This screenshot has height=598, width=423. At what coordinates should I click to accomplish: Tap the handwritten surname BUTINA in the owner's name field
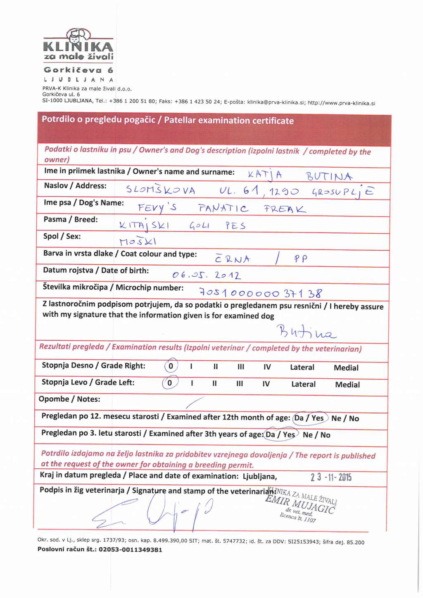(x=329, y=177)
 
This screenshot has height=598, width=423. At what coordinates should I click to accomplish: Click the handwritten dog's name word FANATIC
(x=223, y=208)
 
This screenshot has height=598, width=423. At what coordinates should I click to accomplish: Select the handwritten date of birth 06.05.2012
(x=206, y=275)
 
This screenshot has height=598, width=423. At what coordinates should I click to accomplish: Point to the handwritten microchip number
(x=261, y=293)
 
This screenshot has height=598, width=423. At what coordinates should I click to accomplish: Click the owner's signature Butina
(x=306, y=332)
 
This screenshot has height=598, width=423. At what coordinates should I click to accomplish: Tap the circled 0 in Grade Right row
(x=171, y=366)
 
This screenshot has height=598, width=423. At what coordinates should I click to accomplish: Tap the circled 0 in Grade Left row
(x=170, y=383)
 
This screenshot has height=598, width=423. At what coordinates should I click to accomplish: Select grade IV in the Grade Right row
(x=267, y=367)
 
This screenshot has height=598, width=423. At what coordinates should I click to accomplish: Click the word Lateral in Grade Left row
(x=303, y=384)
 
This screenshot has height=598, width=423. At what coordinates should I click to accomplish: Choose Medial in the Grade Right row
(x=346, y=368)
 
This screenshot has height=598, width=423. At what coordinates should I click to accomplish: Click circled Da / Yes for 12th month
(x=309, y=418)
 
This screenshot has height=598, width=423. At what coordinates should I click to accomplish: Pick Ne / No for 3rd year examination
(x=316, y=435)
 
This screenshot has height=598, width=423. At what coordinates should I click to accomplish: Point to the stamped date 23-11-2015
(x=331, y=477)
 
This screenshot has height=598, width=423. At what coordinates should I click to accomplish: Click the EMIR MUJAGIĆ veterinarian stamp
(x=302, y=504)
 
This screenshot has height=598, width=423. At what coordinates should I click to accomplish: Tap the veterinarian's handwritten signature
(x=157, y=512)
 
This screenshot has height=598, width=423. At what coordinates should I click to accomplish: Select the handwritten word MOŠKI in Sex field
(x=138, y=242)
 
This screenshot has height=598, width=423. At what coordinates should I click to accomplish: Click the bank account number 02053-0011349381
(x=130, y=550)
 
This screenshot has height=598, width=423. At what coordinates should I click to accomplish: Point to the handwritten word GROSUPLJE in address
(x=342, y=192)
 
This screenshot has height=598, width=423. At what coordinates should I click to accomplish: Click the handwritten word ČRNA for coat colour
(x=233, y=259)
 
